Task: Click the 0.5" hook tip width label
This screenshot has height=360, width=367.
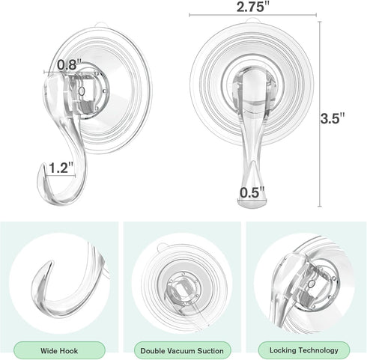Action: pos(251,193)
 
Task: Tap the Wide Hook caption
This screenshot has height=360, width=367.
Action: pos(61,350)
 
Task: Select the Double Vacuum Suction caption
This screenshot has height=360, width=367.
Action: pos(182,350)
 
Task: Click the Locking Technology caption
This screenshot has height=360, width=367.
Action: pos(303,350)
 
